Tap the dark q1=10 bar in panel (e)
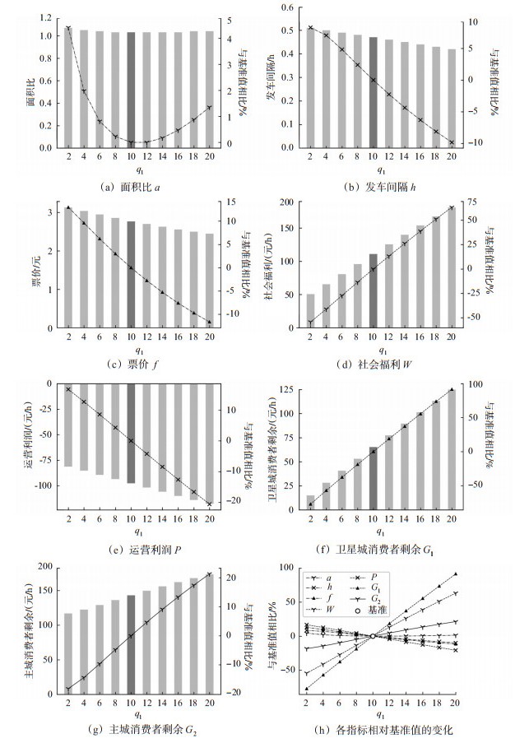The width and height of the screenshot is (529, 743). [131, 433]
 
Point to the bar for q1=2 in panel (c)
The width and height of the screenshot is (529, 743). [67, 267]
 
